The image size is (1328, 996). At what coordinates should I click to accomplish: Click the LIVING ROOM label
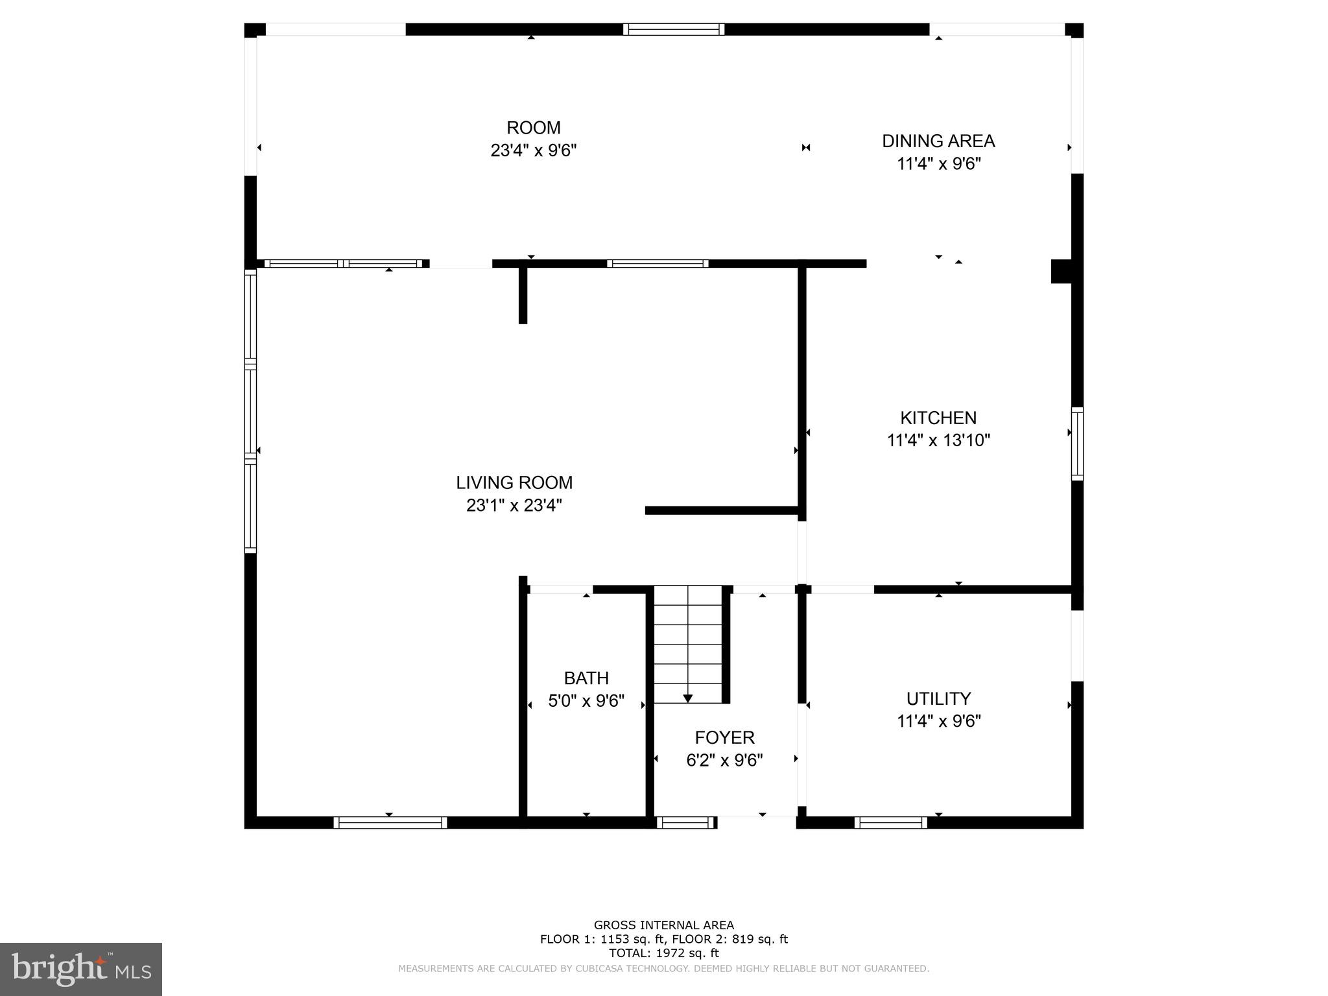click(x=514, y=482)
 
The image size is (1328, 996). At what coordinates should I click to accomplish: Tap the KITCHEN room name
click(x=938, y=418)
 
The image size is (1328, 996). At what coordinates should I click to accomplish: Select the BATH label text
click(x=586, y=678)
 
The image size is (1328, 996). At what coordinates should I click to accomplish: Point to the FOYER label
click(x=724, y=737)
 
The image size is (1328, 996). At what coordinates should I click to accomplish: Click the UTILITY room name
click(x=938, y=698)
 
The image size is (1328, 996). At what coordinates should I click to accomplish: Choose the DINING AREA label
click(x=938, y=141)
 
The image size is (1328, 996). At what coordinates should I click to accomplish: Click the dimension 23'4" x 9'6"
click(x=533, y=150)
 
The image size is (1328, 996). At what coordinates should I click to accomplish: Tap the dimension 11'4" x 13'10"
click(x=938, y=440)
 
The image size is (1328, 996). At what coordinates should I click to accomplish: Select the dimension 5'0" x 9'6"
click(x=586, y=701)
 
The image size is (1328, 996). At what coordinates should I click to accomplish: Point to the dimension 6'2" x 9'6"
click(x=724, y=760)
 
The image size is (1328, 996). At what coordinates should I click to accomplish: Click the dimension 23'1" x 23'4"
click(x=514, y=505)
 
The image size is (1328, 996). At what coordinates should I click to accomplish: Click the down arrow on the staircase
click(x=687, y=698)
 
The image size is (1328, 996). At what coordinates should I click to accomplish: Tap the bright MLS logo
click(x=80, y=969)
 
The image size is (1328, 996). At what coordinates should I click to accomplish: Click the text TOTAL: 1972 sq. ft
click(x=663, y=953)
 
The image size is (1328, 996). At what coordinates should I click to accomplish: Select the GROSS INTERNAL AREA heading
click(x=663, y=925)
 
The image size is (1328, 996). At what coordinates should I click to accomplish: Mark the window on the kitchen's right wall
click(x=1077, y=444)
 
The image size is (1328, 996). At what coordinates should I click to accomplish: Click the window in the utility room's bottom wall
click(x=890, y=822)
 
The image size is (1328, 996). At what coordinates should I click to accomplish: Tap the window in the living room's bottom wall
click(x=390, y=822)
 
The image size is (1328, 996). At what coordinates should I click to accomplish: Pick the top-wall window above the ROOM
click(x=673, y=29)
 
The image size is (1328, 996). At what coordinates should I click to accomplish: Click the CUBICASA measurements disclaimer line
click(x=663, y=969)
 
